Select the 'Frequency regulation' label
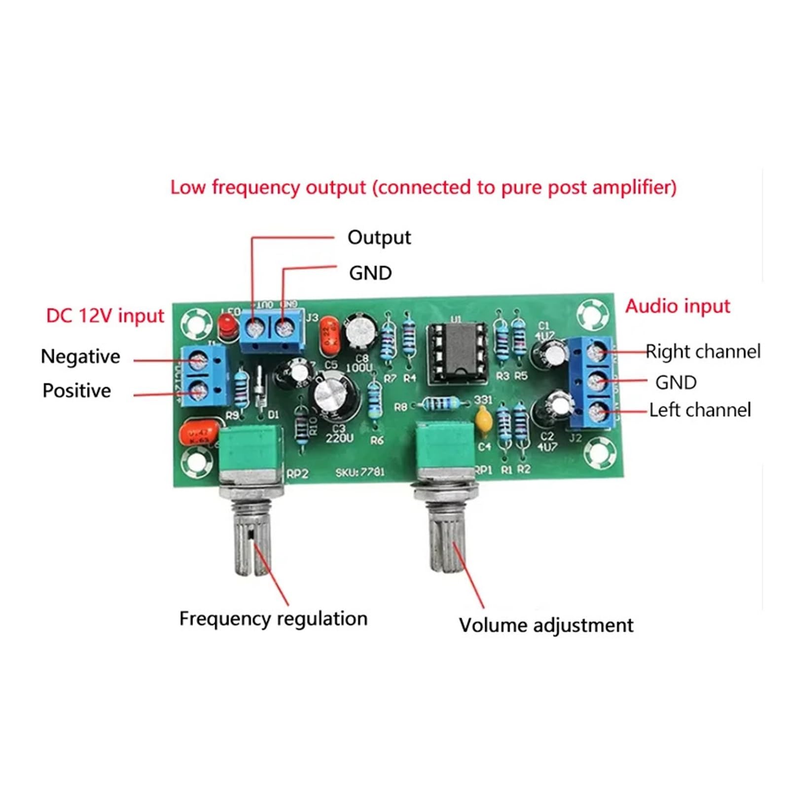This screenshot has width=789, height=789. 273,619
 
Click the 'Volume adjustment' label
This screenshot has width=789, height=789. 545,625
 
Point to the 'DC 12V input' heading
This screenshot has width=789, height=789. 105,316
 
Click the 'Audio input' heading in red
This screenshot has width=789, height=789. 677,306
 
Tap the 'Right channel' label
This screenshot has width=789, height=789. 703,352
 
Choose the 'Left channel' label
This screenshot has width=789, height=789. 699,410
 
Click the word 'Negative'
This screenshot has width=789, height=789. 80,357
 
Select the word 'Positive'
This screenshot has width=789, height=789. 77,391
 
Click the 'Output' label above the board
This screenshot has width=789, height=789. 379,238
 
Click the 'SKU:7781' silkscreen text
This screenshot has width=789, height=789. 359,472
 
